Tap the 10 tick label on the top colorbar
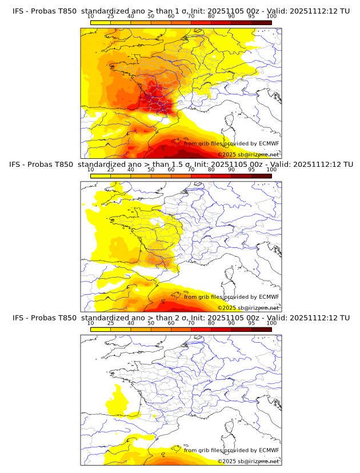click(90, 17)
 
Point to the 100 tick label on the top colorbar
click(271, 17)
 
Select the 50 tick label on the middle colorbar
click(151, 170)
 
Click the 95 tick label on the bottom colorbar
click(251, 323)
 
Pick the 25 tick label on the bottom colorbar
click(110, 323)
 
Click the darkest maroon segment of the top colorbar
click(261, 22)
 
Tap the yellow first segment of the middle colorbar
click(100, 176)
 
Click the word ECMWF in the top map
click(269, 144)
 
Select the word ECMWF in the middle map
click(269, 297)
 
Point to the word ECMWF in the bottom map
click(269, 450)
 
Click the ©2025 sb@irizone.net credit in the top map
click(248, 155)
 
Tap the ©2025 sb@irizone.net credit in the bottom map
click(248, 461)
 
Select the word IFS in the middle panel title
click(19, 165)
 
